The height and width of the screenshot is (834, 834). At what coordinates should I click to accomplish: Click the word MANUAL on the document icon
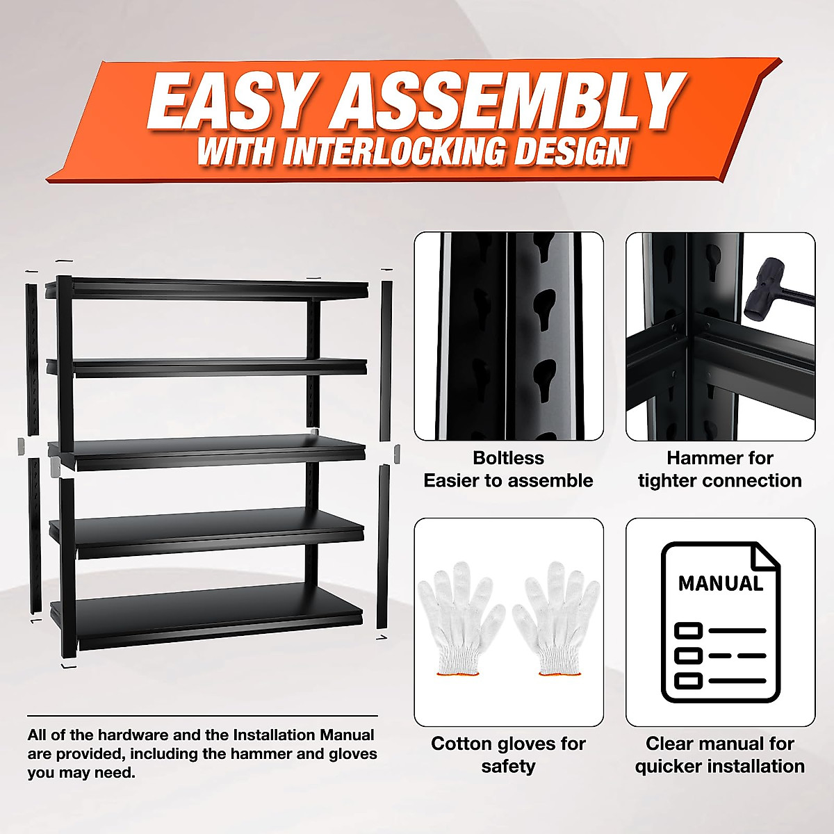click(720, 582)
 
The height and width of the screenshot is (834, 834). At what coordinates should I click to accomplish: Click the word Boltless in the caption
click(508, 458)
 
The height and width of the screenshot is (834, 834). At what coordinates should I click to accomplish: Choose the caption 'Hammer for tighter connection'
click(720, 469)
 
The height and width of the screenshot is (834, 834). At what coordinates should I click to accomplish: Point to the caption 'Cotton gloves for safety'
click(508, 755)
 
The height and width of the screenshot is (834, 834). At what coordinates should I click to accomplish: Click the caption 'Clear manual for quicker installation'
click(720, 755)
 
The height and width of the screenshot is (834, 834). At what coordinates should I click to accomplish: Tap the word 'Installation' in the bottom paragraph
click(273, 735)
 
